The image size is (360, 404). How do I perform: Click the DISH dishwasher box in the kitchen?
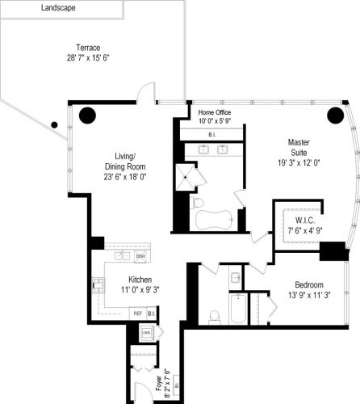click(x=140, y=256)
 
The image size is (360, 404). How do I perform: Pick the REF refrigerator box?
click(x=137, y=314)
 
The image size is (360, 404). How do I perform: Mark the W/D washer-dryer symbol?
click(x=147, y=332)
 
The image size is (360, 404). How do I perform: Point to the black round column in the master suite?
click(x=334, y=115)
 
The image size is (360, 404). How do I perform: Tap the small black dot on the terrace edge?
click(x=54, y=125)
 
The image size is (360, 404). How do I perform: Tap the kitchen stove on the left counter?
click(x=99, y=284)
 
